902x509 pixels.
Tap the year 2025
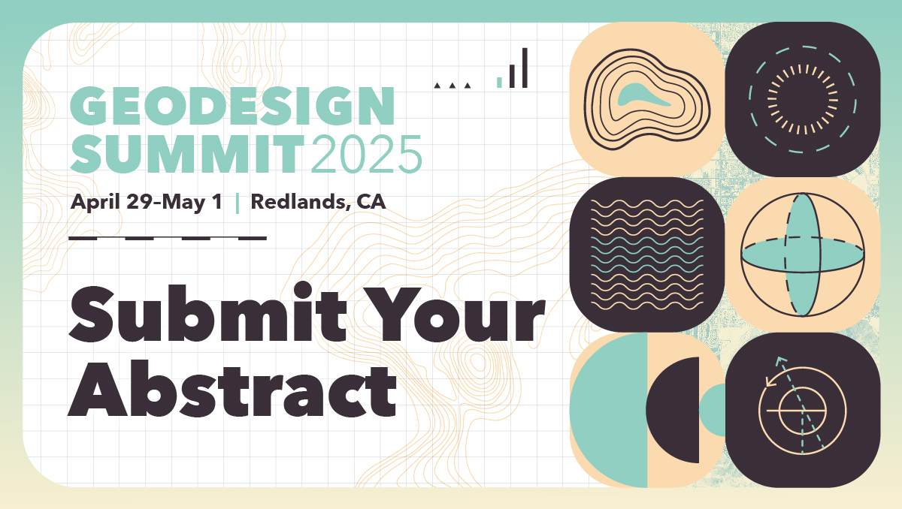coord(365,153)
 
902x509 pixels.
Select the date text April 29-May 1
coord(147,202)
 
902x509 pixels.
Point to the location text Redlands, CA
coord(318,202)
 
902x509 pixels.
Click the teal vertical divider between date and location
coord(238,203)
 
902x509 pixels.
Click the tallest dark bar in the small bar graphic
coord(525,68)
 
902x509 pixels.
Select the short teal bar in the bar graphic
coord(499,81)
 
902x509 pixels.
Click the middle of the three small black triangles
coord(453,86)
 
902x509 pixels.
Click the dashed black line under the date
coord(167,239)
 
